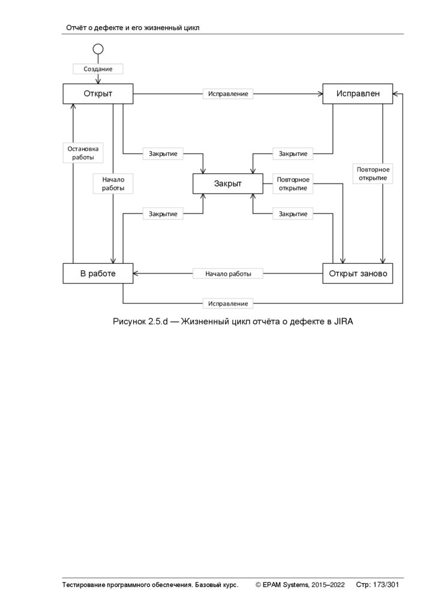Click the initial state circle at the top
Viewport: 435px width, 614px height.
pyautogui.click(x=98, y=49)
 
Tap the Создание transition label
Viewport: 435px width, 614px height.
pyautogui.click(x=98, y=69)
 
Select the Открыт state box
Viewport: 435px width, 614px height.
pyautogui.click(x=98, y=94)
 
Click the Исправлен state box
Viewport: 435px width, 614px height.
pyautogui.click(x=358, y=94)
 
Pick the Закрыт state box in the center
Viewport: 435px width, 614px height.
pyautogui.click(x=228, y=183)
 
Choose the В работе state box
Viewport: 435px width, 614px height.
pyautogui.click(x=98, y=273)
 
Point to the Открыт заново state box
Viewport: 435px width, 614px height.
pyautogui.click(x=358, y=273)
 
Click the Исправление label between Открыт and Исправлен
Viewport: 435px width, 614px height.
pyautogui.click(x=228, y=94)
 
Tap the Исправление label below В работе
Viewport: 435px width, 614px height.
pyautogui.click(x=228, y=303)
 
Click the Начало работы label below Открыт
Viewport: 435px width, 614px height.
pyautogui.click(x=113, y=183)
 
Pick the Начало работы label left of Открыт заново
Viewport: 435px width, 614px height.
pyautogui.click(x=228, y=273)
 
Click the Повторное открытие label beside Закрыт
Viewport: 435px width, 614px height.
pyautogui.click(x=293, y=183)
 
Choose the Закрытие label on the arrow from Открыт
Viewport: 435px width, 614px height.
pyautogui.click(x=163, y=153)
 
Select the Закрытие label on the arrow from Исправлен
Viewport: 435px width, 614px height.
pyautogui.click(x=293, y=153)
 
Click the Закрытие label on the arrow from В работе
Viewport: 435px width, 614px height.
pyautogui.click(x=163, y=213)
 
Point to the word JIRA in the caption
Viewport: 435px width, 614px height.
pyautogui.click(x=342, y=322)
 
